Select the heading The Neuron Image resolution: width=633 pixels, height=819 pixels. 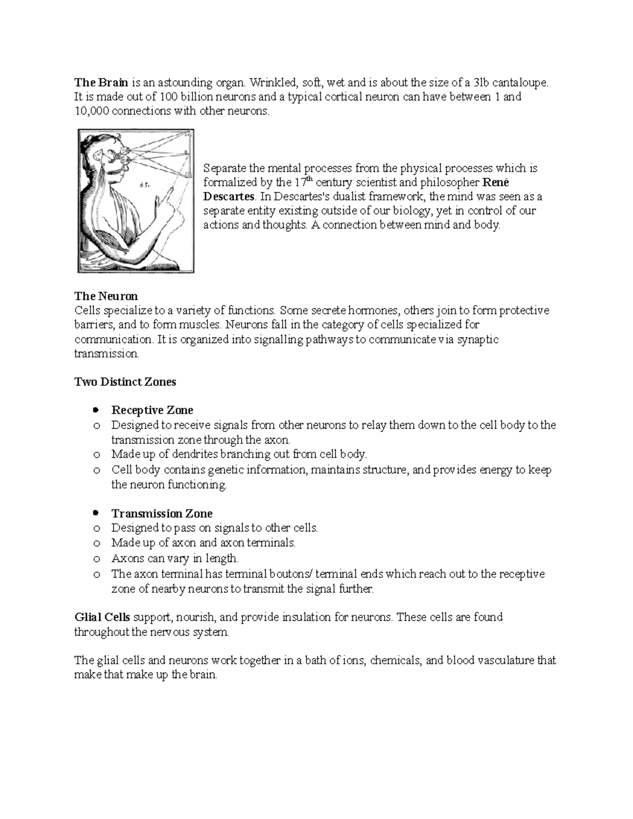[x=106, y=296]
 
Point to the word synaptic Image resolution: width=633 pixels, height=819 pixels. [x=477, y=339]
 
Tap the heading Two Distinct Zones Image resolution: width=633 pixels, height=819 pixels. [x=125, y=382]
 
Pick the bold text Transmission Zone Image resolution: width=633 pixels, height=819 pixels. [x=162, y=514]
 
